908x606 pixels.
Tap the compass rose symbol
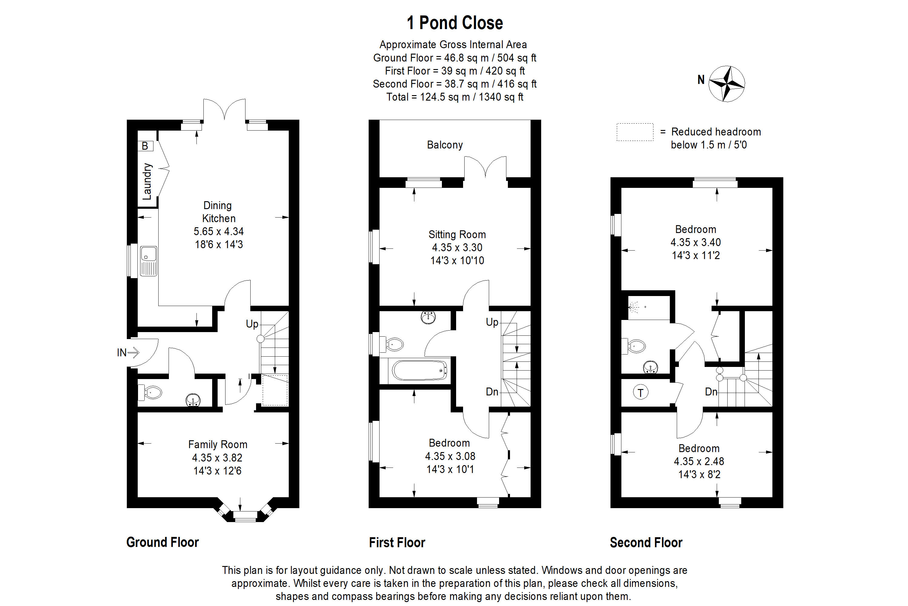727,84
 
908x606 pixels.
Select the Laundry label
147,181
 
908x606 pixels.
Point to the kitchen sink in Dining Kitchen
149,261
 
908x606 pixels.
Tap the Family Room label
217,445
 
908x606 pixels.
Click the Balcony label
444,145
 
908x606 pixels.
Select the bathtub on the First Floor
419,370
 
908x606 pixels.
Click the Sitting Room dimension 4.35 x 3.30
457,247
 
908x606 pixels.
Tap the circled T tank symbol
640,393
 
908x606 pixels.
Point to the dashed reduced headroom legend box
635,132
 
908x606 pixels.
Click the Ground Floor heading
162,542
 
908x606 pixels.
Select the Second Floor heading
646,543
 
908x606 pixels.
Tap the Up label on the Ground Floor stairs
252,324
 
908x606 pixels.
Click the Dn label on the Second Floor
711,392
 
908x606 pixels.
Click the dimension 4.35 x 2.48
699,461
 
